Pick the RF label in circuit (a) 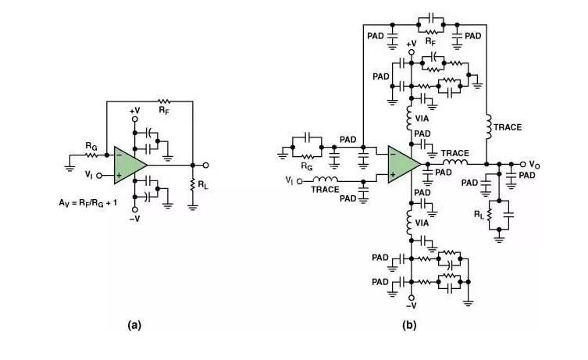[x=164, y=111]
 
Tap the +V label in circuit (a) [x=134, y=111]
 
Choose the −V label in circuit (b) [x=411, y=305]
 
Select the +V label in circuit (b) [x=412, y=43]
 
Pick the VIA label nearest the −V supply [x=423, y=223]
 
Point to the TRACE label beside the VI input [x=326, y=189]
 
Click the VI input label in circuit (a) [x=89, y=174]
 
